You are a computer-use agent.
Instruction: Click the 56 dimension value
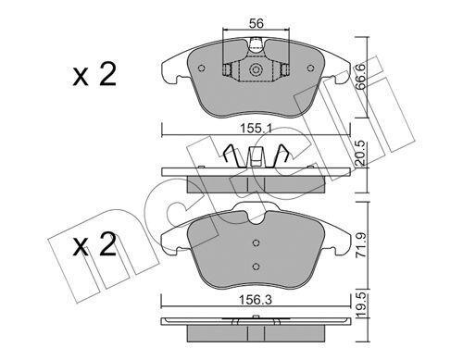coord(257,23)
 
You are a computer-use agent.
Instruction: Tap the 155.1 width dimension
coord(257,129)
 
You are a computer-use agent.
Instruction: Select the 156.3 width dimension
coord(257,300)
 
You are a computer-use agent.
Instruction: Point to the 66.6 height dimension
coord(360,77)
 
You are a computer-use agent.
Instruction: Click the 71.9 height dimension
coord(361,247)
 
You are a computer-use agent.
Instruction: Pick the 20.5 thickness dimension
coord(361,155)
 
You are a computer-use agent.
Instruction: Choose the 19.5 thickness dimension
coord(361,306)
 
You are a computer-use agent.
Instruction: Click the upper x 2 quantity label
coord(94,74)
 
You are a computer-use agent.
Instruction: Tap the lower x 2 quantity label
coord(94,244)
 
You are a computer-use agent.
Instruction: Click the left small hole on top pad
coord(202,68)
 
